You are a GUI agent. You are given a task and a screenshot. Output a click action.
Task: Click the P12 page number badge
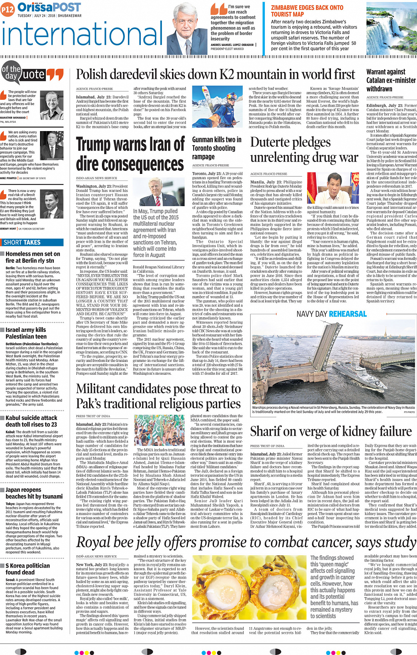coord(8,9)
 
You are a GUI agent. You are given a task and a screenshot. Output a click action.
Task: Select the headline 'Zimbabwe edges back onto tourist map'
coord(307,11)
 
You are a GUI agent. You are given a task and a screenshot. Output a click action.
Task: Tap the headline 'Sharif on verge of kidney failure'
coord(331,431)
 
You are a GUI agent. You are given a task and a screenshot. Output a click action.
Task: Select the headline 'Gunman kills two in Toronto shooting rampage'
coord(216,148)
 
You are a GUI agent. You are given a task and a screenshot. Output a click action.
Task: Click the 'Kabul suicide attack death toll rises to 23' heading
coord(31,421)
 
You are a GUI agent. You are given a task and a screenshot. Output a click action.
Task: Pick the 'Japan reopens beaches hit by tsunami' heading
coord(34,493)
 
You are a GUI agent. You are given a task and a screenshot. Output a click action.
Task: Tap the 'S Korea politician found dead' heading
coord(28,569)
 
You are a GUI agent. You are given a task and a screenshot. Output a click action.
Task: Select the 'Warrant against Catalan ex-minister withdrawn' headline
coord(391,80)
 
